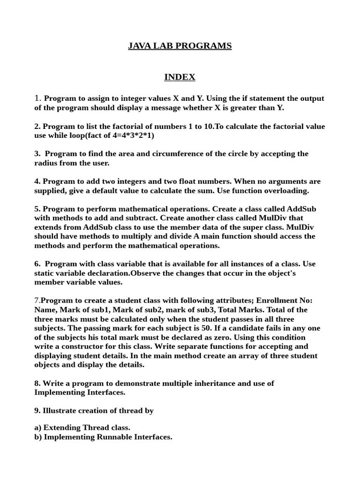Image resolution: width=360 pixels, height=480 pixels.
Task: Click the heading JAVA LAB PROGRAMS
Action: coord(180,46)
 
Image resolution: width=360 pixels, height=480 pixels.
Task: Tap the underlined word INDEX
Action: coord(180,77)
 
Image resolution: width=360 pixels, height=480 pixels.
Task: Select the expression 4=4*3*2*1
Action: coord(132,135)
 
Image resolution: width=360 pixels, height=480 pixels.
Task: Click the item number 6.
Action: coord(37,264)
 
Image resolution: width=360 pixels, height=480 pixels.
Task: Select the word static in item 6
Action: coord(46,273)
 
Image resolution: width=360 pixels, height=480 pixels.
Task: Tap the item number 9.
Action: coord(37,411)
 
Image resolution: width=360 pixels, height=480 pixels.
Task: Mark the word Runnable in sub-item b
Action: coord(113,437)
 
